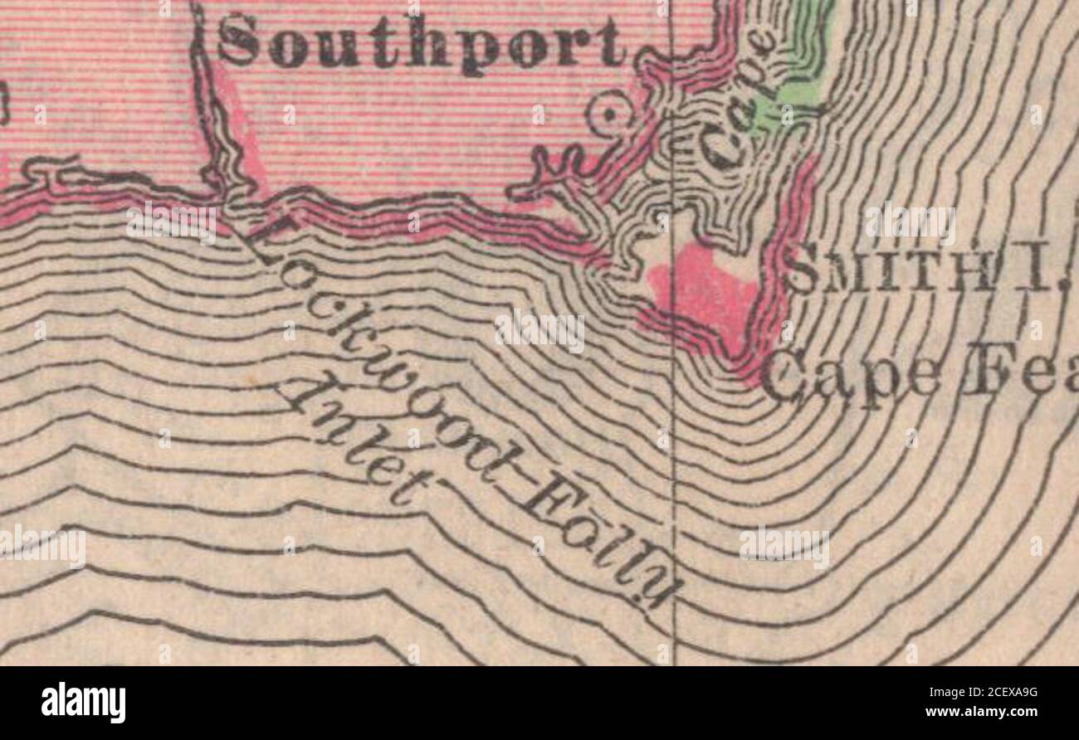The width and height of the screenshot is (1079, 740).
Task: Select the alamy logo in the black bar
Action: pyautogui.click(x=83, y=702)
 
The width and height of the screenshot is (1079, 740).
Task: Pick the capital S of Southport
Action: pyautogui.click(x=238, y=40)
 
